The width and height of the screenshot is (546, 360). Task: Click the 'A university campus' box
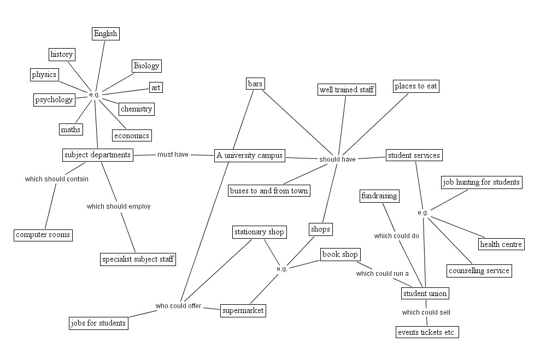coord(250,155)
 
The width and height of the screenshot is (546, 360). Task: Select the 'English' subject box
coord(105,34)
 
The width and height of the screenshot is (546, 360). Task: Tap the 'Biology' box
coord(146,66)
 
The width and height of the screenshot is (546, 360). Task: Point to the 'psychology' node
coord(54,100)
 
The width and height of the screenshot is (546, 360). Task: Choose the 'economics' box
coord(132,135)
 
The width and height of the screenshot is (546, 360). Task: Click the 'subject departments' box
coord(97,155)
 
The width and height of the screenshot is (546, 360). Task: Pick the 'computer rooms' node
coord(43,235)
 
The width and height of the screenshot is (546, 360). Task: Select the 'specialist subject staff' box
coord(138,259)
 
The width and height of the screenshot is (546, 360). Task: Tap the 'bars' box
coord(255,84)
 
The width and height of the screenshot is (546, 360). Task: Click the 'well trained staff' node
coord(347,90)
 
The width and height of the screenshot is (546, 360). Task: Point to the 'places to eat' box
coord(416,86)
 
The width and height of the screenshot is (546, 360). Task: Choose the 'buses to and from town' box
coord(269,191)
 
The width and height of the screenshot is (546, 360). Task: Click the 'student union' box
coord(425,293)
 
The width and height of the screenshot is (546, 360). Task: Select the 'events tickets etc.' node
coord(427,332)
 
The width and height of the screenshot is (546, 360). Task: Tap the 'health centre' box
coord(501,244)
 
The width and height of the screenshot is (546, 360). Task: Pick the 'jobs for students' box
coord(98,323)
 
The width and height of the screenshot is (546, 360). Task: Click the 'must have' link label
coord(173,155)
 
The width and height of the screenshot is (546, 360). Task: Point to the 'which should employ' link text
coord(119,206)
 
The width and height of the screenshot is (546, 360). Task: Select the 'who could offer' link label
coord(178,306)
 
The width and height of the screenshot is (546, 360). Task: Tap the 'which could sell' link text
coord(426,312)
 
